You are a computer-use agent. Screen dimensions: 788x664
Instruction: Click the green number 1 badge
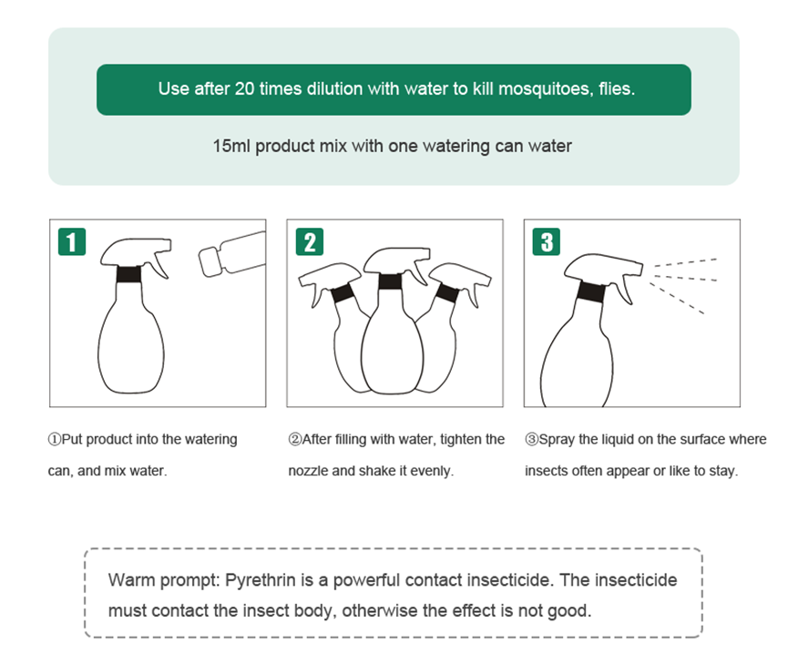click(72, 241)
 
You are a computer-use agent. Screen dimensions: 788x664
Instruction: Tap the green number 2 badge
click(310, 241)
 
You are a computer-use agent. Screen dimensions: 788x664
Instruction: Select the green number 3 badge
click(547, 241)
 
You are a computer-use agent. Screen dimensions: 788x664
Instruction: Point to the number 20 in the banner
click(245, 88)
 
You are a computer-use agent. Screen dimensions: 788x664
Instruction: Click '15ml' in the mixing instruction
click(231, 146)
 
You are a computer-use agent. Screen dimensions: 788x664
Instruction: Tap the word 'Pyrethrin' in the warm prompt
click(261, 580)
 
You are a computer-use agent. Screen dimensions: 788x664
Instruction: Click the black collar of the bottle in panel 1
click(128, 274)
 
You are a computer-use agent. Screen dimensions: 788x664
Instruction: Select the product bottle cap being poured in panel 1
click(210, 261)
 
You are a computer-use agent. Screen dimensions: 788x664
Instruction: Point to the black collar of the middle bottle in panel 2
click(391, 281)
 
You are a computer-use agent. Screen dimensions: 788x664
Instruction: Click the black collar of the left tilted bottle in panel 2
click(342, 293)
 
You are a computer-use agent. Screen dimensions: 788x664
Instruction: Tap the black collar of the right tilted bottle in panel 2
click(447, 292)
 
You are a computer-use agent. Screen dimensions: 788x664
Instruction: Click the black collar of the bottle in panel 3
click(591, 291)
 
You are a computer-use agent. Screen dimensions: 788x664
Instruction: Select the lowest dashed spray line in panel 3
click(677, 299)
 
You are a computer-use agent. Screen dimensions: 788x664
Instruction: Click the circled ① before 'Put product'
click(55, 440)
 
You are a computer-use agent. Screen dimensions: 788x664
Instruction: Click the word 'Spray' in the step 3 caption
click(557, 440)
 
